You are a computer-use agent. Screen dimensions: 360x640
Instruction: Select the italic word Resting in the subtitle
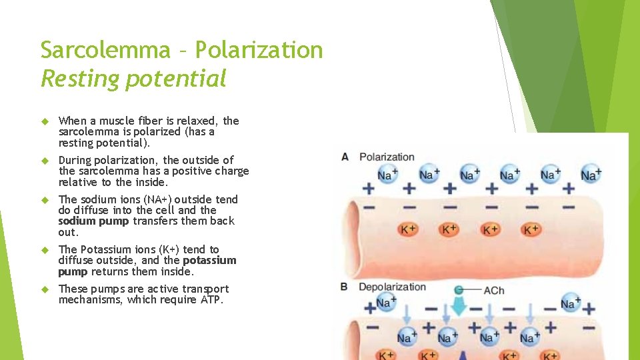coord(81,79)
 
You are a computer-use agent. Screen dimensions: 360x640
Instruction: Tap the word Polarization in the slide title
coord(260,50)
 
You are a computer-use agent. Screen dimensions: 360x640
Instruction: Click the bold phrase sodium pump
coord(94,221)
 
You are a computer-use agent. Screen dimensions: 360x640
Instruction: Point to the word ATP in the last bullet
coord(211,300)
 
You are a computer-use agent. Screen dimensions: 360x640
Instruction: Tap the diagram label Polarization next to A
coord(387,157)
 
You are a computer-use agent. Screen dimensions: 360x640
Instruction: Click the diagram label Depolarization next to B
coord(392,287)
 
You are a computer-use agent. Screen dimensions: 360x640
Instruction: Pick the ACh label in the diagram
coord(494,291)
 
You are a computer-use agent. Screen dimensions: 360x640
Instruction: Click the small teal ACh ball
coord(459,290)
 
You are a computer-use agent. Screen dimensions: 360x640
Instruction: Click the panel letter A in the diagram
coord(345,157)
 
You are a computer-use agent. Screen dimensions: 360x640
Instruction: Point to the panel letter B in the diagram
coord(345,287)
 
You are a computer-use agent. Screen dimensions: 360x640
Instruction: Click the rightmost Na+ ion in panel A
coord(591,175)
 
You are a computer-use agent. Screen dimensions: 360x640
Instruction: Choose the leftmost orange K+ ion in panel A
coord(408,229)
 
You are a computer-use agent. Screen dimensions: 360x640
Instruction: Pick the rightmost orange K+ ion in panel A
coord(531,229)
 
